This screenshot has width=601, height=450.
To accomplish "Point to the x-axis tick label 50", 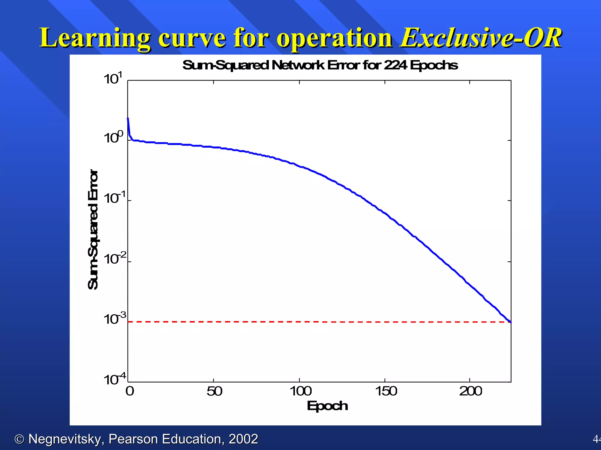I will (x=214, y=391).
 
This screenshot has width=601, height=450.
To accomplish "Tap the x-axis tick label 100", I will (x=300, y=391).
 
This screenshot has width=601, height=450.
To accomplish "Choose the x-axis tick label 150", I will (x=386, y=391).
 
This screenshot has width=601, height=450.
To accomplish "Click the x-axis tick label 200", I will (x=470, y=391).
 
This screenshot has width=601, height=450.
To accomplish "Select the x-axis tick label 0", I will (x=130, y=391).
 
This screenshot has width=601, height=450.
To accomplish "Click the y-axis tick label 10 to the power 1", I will (x=113, y=79).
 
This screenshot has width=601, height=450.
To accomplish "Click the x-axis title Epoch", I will (x=327, y=406).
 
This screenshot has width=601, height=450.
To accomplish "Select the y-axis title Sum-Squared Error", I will (x=93, y=230).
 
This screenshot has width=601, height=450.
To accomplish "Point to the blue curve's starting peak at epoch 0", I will (x=128, y=119).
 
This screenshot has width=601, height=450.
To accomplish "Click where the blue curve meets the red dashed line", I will (x=510, y=322).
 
